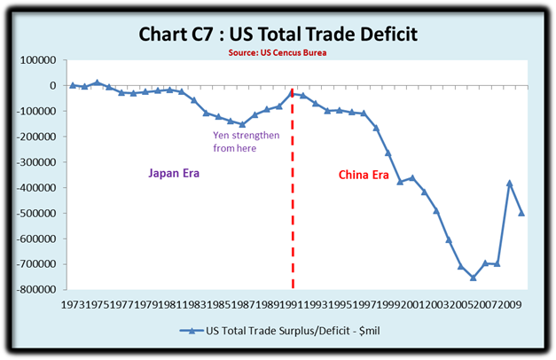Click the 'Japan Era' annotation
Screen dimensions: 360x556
click(173, 174)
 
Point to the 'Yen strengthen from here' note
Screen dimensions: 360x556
click(247, 142)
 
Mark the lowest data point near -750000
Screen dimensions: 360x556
click(473, 278)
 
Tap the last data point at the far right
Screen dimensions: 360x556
click(521, 214)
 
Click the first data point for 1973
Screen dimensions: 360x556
click(73, 85)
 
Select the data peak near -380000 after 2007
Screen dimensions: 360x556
click(509, 183)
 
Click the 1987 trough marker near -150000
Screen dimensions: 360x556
click(243, 124)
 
